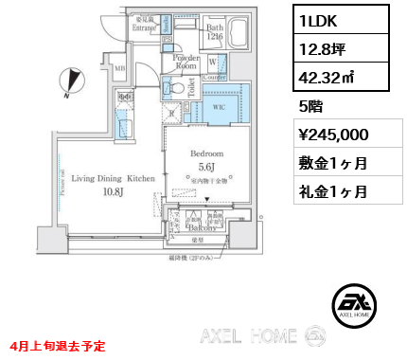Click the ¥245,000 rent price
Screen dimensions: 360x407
[327, 135]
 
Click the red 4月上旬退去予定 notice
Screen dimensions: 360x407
[59, 347]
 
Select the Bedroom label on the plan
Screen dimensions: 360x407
[206, 153]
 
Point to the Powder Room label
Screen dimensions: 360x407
[185, 63]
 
